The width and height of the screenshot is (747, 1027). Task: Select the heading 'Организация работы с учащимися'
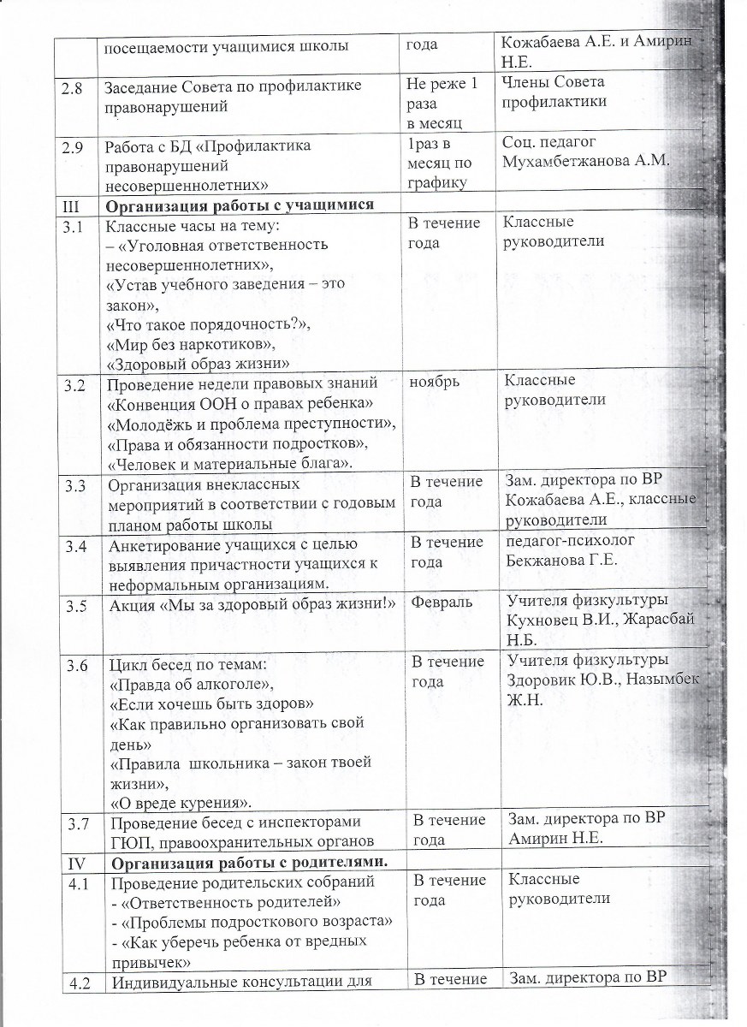pyautogui.click(x=240, y=205)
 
